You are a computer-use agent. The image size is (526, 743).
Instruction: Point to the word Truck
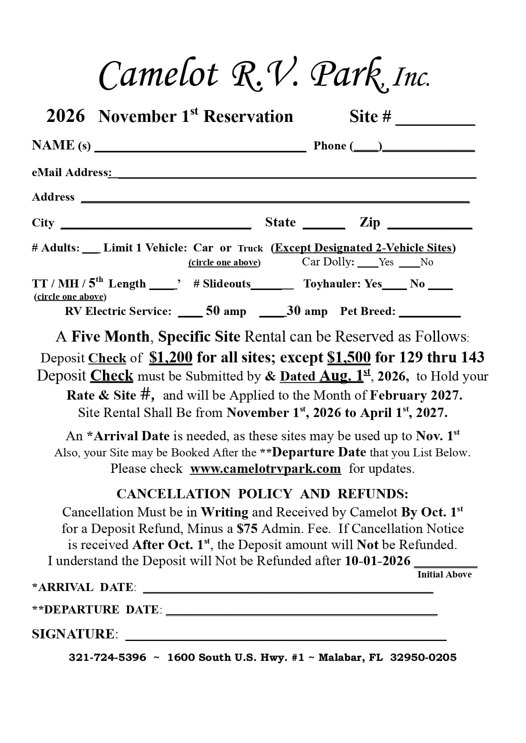click(250, 249)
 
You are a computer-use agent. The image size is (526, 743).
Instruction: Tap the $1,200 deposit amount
click(171, 358)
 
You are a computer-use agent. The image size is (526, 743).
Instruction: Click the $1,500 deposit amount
click(349, 358)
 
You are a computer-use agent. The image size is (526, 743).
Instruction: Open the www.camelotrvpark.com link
click(265, 469)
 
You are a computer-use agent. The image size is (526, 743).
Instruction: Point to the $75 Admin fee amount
click(247, 529)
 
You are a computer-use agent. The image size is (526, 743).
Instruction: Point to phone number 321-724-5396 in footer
click(107, 657)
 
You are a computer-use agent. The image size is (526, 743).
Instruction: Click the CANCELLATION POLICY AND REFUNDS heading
click(262, 494)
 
